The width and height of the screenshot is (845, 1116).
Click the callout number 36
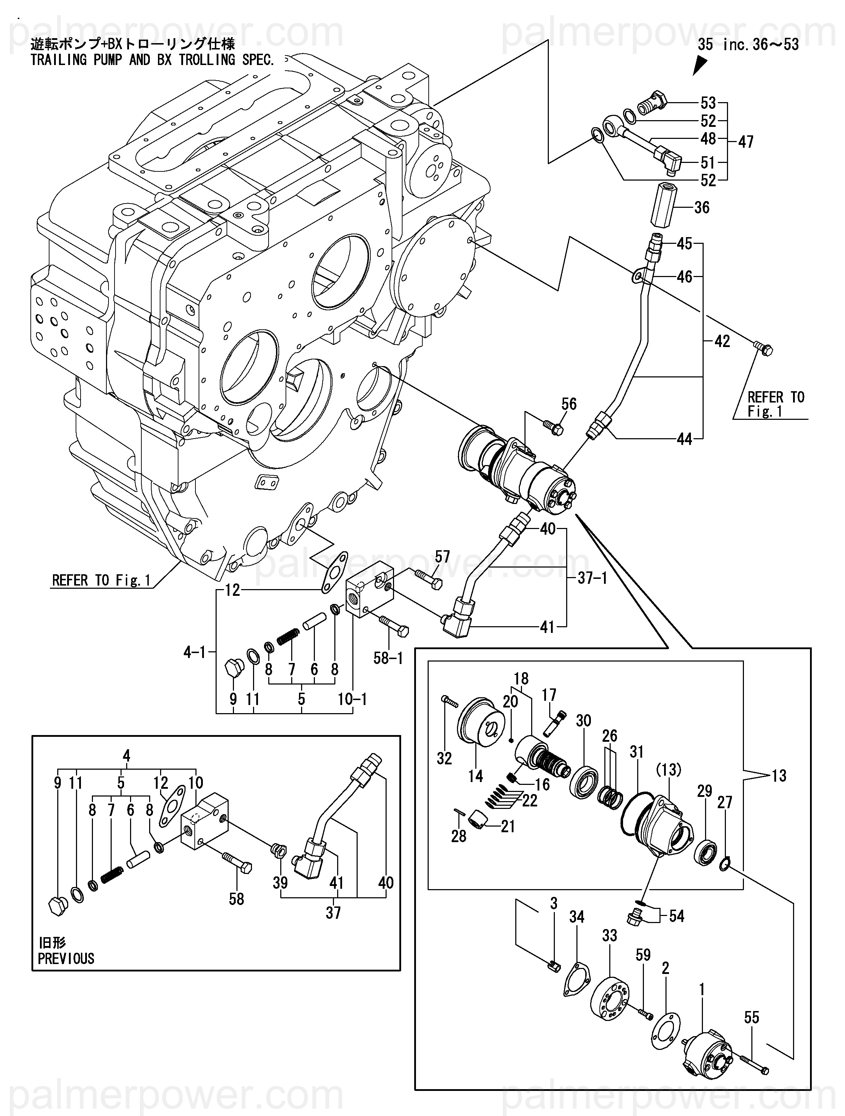pos(702,207)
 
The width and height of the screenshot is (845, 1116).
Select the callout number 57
pos(442,557)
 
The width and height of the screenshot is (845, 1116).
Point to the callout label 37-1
pos(592,578)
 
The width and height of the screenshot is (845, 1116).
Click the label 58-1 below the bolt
pos(388,658)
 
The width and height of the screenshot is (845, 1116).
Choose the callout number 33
pos(609,935)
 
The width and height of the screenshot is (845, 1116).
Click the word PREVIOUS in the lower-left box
pos(66,959)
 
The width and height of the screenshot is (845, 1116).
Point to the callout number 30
pos(583,721)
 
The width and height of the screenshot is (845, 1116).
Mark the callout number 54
pos(676,916)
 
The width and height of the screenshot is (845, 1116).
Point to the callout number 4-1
pos(194,652)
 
